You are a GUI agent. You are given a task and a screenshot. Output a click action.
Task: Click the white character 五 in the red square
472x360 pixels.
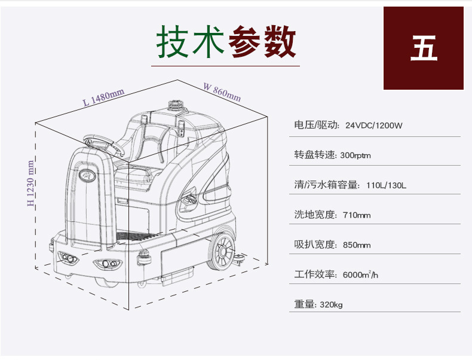(424, 48)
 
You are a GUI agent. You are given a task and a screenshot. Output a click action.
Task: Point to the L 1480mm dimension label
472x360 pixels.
(103, 96)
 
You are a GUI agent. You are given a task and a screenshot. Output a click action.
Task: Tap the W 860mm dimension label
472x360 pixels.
(222, 91)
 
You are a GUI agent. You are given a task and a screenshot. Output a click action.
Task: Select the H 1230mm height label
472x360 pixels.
(30, 183)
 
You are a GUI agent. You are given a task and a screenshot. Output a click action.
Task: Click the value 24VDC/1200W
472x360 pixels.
(374, 126)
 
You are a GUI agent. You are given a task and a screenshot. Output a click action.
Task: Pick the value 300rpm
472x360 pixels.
(355, 155)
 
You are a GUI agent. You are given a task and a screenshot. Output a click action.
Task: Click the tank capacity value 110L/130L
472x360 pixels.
(386, 185)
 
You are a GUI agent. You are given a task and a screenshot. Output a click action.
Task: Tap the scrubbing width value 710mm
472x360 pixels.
(357, 215)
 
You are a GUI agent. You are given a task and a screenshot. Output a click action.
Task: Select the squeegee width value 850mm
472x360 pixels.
(357, 245)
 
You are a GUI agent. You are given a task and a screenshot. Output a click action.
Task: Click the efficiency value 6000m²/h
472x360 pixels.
(360, 275)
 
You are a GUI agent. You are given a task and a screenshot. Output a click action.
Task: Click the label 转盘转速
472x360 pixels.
(315, 155)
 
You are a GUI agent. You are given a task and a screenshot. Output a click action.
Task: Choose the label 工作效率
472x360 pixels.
(315, 275)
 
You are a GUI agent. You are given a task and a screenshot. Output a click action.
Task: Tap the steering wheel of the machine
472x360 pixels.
(99, 142)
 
